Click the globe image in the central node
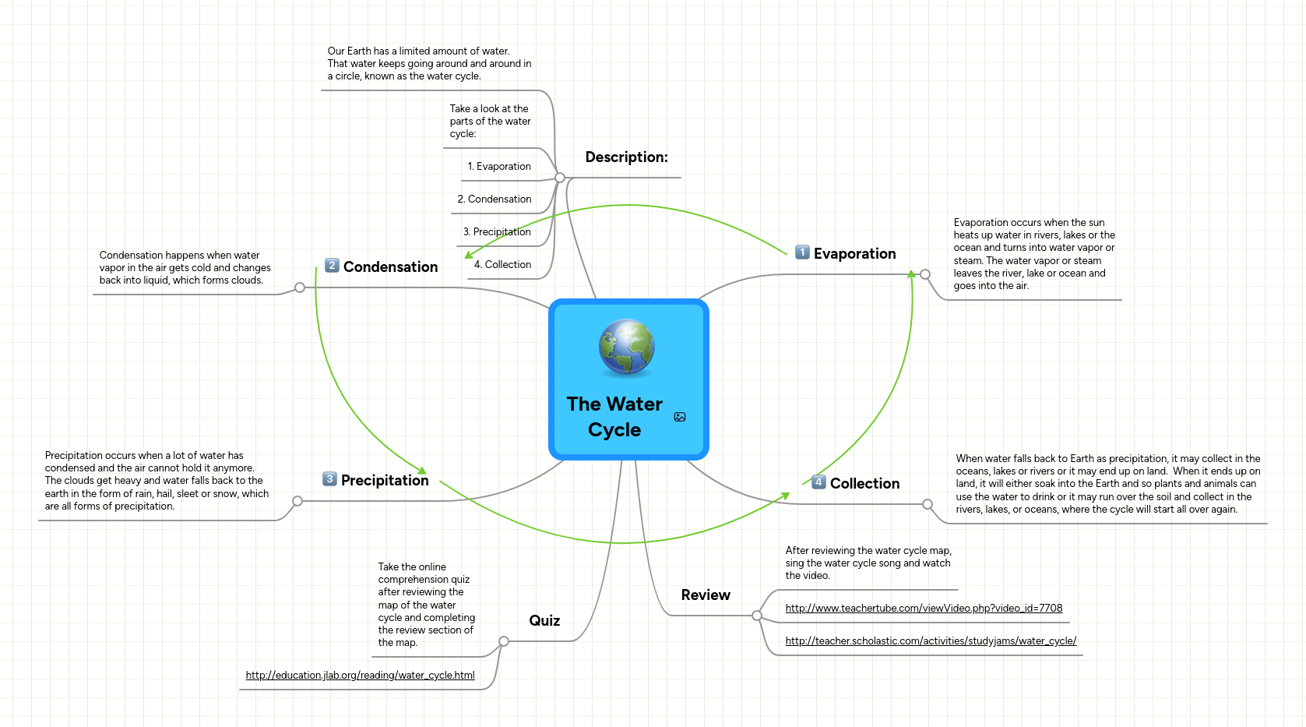point(626,347)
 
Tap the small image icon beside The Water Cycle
point(680,417)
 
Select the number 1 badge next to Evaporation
point(802,252)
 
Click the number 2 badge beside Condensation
point(332,266)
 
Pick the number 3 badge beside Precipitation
point(330,478)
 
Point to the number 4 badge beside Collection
point(818,482)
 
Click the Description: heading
point(626,157)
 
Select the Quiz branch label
point(544,621)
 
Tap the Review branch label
point(706,595)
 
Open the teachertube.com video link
point(924,609)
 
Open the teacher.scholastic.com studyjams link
point(931,641)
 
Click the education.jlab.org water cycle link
point(360,676)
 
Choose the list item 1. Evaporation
point(499,167)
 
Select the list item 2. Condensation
point(495,199)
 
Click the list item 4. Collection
point(502,265)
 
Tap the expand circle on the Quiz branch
point(504,641)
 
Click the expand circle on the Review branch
point(757,616)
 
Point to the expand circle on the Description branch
point(560,178)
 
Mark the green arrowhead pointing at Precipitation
point(422,470)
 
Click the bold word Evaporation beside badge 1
point(854,254)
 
